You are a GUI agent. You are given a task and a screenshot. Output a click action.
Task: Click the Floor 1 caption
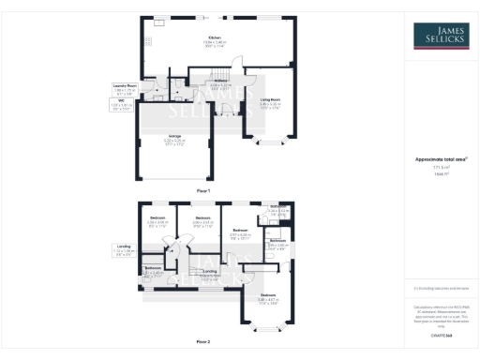[x=202, y=190]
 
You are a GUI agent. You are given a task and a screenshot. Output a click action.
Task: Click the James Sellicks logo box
[x=442, y=37]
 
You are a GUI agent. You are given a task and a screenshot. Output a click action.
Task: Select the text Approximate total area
[x=441, y=159]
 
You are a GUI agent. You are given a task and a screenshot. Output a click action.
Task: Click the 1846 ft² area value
[x=440, y=175]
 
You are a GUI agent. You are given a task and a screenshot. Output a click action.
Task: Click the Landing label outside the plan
[x=124, y=248]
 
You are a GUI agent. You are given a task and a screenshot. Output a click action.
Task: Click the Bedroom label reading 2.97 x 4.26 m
[x=241, y=230]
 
